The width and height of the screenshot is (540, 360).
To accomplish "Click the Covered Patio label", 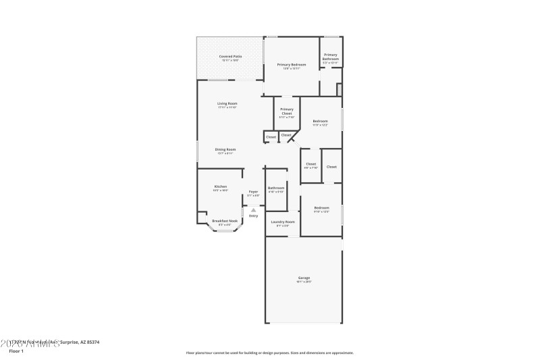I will point(230,56).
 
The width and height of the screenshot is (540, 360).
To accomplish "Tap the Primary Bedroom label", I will point(291,65).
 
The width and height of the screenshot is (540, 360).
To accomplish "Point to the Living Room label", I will point(227,103).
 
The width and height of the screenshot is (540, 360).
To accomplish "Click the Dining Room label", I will point(225,149).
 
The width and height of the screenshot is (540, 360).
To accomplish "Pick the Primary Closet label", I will point(287,111).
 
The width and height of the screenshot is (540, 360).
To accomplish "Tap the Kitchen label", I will point(221,186).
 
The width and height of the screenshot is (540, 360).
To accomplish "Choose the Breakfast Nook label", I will point(225,221).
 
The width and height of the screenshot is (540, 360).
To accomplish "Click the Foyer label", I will point(253,192).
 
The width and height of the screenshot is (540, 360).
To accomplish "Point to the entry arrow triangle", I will point(253,209).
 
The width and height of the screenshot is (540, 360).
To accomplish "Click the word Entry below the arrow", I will point(253,215).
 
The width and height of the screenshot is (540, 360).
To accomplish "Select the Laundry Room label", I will point(283,222).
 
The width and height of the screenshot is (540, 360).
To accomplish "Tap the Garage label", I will point(304,278).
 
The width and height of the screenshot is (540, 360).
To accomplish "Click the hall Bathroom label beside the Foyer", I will point(276,188).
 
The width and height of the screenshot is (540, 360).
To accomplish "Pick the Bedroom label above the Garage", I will point(321,207).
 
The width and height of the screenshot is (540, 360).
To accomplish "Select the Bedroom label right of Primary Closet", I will point(320,122).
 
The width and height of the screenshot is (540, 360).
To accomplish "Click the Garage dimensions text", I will point(304,282).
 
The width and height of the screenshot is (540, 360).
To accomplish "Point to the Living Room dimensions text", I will point(227,107).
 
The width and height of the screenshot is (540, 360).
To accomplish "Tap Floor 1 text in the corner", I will point(16,351).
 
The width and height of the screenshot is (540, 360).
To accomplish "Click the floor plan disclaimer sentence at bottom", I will point(269,353).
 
